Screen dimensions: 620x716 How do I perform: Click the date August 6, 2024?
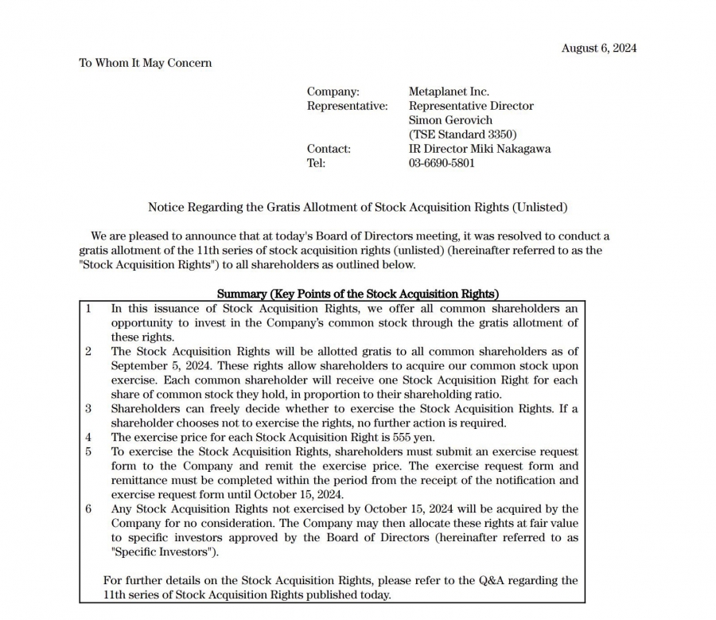coord(598,48)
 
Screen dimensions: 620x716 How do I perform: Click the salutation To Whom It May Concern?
coord(145,63)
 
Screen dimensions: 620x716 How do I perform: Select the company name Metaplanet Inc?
coord(449,92)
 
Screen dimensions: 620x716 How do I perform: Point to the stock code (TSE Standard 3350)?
coord(462,135)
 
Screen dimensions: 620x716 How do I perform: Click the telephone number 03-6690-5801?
coord(442,163)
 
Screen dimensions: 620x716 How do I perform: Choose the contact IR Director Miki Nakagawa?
coord(479,149)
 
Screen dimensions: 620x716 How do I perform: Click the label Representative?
coord(347,106)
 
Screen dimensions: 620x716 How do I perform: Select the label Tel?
coord(316,163)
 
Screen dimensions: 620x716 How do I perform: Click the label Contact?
coord(329,149)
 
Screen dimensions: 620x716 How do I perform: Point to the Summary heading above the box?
coord(357,294)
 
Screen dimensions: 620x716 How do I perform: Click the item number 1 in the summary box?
coord(89,308)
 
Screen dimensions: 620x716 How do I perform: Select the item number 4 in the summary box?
coord(89,437)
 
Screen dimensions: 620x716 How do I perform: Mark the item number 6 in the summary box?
coord(89,509)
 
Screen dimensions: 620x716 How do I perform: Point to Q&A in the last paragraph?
coord(495,580)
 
